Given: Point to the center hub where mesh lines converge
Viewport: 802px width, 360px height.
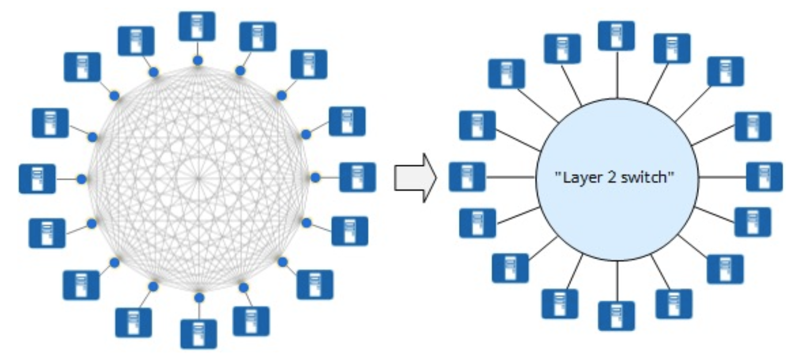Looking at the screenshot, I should click(198, 178).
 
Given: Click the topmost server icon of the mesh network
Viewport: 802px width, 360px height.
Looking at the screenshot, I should click(197, 26).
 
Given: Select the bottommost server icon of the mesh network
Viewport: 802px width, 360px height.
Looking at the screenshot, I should click(199, 334).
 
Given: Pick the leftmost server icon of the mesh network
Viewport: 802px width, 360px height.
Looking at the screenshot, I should click(37, 179).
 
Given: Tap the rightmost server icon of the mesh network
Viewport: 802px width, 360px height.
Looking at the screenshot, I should click(357, 177).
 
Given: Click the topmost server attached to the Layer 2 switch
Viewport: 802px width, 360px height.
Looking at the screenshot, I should click(616, 36).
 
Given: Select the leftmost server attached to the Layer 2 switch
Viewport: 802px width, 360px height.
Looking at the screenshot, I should click(467, 177).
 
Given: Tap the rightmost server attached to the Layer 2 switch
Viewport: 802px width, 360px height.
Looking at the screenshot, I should click(764, 177).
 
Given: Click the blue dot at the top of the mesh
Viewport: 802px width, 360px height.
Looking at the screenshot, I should click(198, 60).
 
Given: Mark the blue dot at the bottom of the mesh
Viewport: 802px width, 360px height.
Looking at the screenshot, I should click(199, 297).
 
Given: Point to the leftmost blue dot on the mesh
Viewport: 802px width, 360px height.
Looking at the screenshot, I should click(82, 179).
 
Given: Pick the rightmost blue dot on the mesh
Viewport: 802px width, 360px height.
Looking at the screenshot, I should click(315, 178).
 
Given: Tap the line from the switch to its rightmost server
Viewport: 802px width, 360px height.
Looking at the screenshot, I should click(722, 177).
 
